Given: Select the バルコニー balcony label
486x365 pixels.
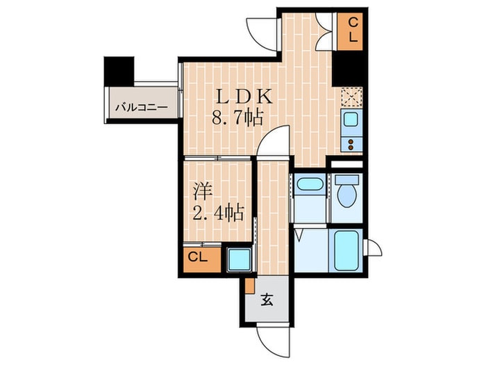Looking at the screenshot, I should pyautogui.click(x=140, y=108).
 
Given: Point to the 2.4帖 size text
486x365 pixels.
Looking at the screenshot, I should pyautogui.click(x=217, y=211).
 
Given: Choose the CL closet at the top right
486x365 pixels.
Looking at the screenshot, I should pyautogui.click(x=353, y=31).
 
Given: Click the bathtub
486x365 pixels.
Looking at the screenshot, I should pyautogui.click(x=345, y=250).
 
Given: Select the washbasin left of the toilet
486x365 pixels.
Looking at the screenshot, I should pyautogui.click(x=308, y=186).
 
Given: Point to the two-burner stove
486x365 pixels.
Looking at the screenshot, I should pyautogui.click(x=351, y=144).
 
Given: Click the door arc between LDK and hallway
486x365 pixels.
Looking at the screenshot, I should pyautogui.click(x=274, y=143).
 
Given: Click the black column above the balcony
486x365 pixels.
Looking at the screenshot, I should pyautogui.click(x=116, y=71).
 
